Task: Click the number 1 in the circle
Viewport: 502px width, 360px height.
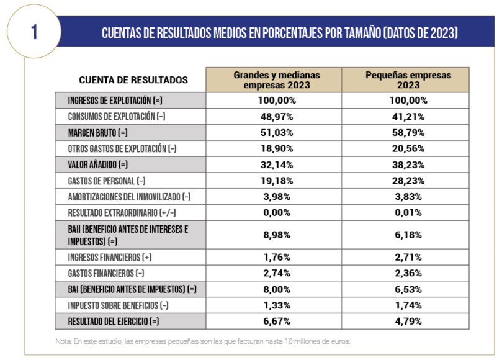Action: click(34, 32)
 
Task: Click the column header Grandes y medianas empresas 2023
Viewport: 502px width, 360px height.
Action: click(273, 79)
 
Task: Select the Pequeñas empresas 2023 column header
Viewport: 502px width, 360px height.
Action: click(408, 79)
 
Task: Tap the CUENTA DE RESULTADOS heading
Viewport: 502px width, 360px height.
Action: click(133, 80)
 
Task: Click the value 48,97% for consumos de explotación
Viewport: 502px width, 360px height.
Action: click(273, 116)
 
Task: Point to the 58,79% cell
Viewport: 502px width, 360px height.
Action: click(408, 132)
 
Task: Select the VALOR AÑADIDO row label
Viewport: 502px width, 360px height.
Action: click(98, 164)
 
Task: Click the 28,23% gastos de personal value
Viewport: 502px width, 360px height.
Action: click(408, 181)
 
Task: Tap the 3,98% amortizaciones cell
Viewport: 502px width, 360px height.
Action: click(273, 197)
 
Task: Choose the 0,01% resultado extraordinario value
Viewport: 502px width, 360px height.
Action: click(408, 213)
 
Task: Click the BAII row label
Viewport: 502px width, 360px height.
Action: click(128, 235)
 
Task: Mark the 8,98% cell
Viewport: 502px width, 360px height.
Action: click(273, 235)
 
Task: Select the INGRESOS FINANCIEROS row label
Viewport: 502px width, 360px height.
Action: click(109, 257)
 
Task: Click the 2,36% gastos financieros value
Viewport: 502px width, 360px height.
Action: click(408, 273)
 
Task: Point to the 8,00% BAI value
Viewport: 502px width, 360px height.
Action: click(273, 289)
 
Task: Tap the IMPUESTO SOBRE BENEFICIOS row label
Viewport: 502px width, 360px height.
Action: click(117, 305)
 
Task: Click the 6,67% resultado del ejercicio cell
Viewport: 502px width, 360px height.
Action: click(273, 322)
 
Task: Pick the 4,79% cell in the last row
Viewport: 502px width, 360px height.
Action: click(408, 322)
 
